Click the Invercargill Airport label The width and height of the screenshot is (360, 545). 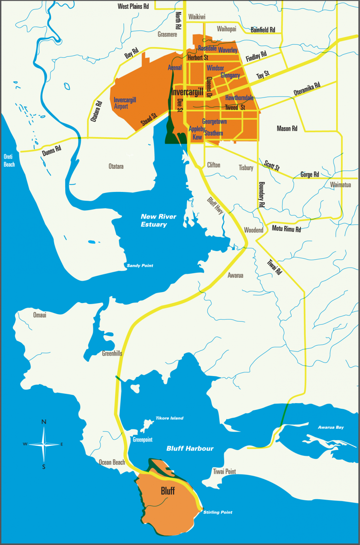click(x=124, y=103)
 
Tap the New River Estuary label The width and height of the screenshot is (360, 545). click(x=158, y=220)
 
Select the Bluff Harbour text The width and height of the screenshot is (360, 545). click(x=190, y=448)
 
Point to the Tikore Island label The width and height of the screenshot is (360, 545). click(x=169, y=418)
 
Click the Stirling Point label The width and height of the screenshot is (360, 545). click(x=218, y=512)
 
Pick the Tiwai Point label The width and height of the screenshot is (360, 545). click(x=224, y=472)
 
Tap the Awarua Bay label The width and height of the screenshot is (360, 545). click(x=331, y=427)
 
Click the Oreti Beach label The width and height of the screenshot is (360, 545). click(x=9, y=160)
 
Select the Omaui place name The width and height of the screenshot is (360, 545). click(x=40, y=315)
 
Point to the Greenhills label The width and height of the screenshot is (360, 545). click(x=112, y=353)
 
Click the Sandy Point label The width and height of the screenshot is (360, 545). click(x=140, y=265)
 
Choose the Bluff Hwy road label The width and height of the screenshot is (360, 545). click(x=215, y=206)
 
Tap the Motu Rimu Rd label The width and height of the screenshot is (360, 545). click(x=286, y=229)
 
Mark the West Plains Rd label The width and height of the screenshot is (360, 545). click(x=133, y=6)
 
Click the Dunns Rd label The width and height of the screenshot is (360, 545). click(x=51, y=151)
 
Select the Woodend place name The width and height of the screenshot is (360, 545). click(x=254, y=230)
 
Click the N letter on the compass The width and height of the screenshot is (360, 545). click(x=44, y=422)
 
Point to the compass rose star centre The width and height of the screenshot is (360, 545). click(x=44, y=444)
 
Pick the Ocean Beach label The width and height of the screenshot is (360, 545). click(x=112, y=462)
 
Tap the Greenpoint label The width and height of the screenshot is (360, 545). click(x=143, y=440)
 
